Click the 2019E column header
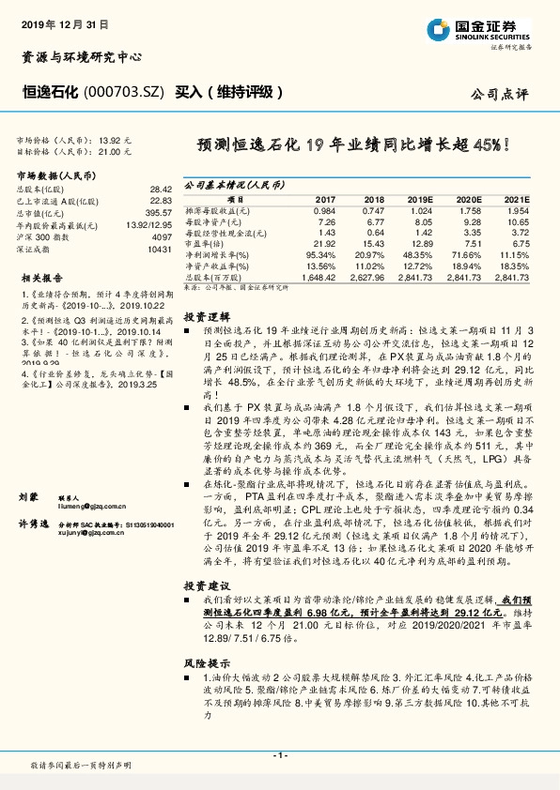(419, 200)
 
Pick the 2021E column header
(517, 200)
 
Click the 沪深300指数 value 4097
(162, 237)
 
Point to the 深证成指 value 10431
(160, 250)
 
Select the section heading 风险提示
(205, 662)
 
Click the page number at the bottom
(279, 754)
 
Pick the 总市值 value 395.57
(159, 213)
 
